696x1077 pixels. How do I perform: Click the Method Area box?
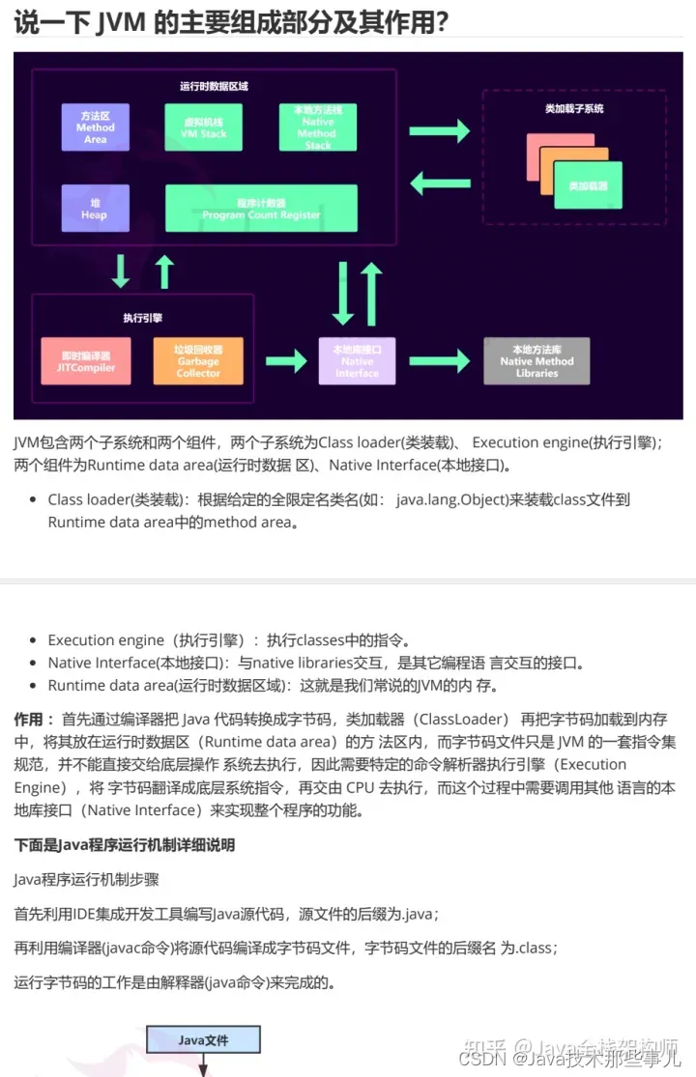pyautogui.click(x=95, y=128)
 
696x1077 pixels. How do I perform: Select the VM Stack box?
pyautogui.click(x=203, y=128)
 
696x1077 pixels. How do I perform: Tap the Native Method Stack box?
pyautogui.click(x=318, y=128)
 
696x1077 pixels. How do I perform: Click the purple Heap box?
pyautogui.click(x=95, y=209)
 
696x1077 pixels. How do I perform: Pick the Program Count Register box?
pyautogui.click(x=261, y=209)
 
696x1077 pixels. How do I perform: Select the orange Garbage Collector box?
pyautogui.click(x=198, y=361)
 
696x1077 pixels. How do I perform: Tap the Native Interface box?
pyautogui.click(x=357, y=361)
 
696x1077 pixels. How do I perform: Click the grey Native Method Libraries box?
pyautogui.click(x=536, y=361)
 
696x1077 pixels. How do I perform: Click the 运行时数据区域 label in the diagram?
pyautogui.click(x=214, y=86)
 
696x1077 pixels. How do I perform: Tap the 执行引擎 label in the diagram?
pyautogui.click(x=142, y=318)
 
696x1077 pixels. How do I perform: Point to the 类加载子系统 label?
pyautogui.click(x=574, y=108)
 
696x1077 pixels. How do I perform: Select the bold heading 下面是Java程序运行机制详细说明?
pyautogui.click(x=125, y=845)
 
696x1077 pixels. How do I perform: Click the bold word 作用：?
pyautogui.click(x=34, y=720)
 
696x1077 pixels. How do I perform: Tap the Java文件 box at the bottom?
pyautogui.click(x=203, y=1040)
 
